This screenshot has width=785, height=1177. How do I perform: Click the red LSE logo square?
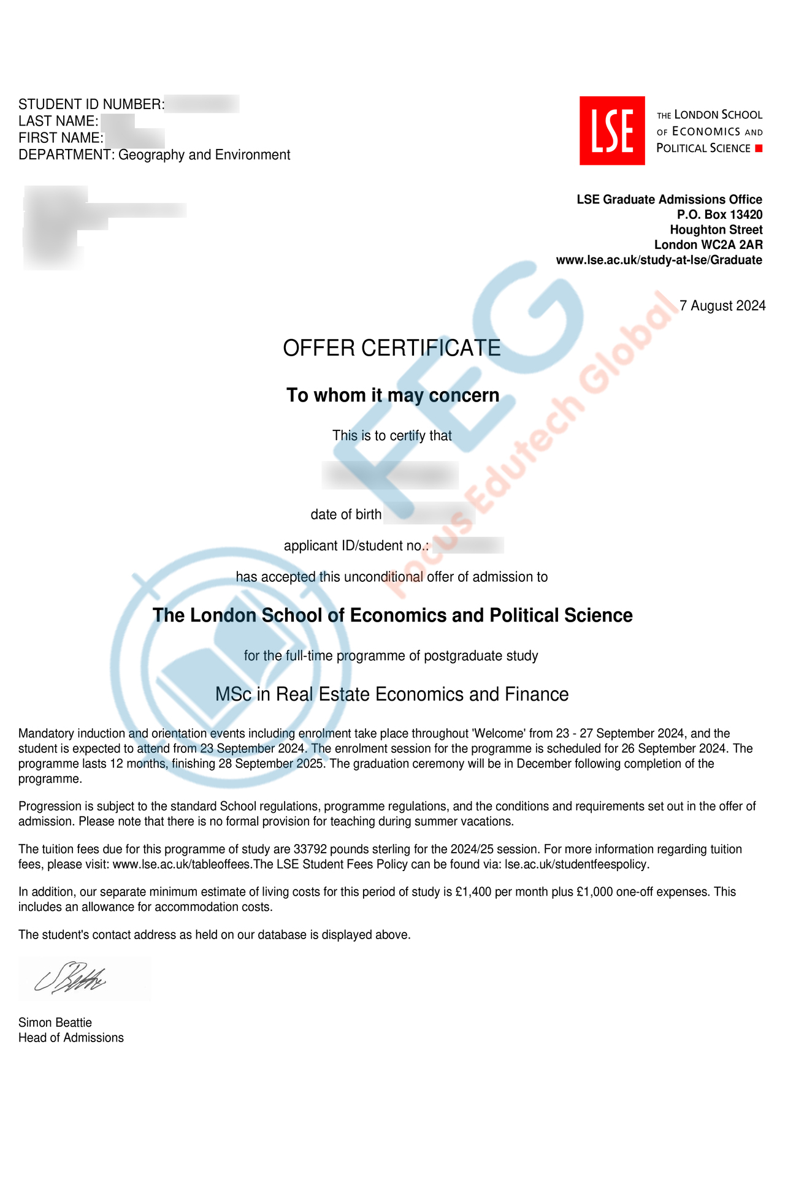pos(612,131)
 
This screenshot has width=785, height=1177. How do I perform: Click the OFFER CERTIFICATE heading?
pos(391,348)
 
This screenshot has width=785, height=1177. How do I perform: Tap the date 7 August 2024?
pos(722,306)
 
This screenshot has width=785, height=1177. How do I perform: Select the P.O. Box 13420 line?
pos(719,215)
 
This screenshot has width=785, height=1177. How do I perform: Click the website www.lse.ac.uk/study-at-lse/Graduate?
pos(659,260)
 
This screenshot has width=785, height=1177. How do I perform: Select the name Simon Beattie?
pos(55,1023)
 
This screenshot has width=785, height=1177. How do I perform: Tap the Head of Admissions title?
pos(71,1038)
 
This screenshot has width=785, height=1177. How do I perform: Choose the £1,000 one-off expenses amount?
pos(594,892)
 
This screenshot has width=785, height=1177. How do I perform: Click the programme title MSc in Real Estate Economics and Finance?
pos(392,695)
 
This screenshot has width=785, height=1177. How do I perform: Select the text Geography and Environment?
pos(204,155)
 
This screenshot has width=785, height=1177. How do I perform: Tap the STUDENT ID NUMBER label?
pos(91,105)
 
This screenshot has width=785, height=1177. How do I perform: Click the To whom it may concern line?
pos(392,395)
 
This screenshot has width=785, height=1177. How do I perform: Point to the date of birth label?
pos(346,515)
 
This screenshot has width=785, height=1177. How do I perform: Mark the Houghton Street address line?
pos(716,230)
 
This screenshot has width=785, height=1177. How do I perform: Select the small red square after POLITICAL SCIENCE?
pos(759,148)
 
